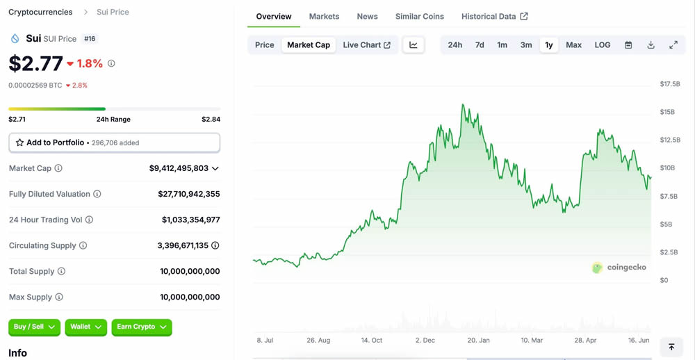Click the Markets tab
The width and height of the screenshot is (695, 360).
(x=324, y=17)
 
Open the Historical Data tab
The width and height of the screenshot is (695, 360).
(x=494, y=17)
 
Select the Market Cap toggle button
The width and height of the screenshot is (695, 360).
(x=309, y=45)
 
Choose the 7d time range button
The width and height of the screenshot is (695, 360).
(x=480, y=45)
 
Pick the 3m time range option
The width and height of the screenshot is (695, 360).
(x=526, y=45)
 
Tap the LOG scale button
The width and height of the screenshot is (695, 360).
(x=603, y=45)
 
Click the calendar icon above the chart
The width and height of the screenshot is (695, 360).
(x=628, y=45)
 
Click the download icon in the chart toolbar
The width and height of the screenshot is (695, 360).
(x=651, y=45)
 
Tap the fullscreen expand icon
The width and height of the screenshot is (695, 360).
(x=673, y=45)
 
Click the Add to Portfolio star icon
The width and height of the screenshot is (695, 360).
(x=19, y=142)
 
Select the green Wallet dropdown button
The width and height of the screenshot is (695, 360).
(x=85, y=327)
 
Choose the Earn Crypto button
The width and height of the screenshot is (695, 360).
(x=142, y=327)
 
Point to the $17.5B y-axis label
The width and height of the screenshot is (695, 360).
(x=670, y=84)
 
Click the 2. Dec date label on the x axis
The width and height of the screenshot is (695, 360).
(x=425, y=341)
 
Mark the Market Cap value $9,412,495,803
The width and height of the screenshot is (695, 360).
(x=179, y=168)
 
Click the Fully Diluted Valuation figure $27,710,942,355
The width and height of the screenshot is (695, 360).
(x=189, y=194)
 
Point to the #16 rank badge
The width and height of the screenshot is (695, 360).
(x=90, y=39)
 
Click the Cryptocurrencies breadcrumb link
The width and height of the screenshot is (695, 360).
(x=40, y=13)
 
